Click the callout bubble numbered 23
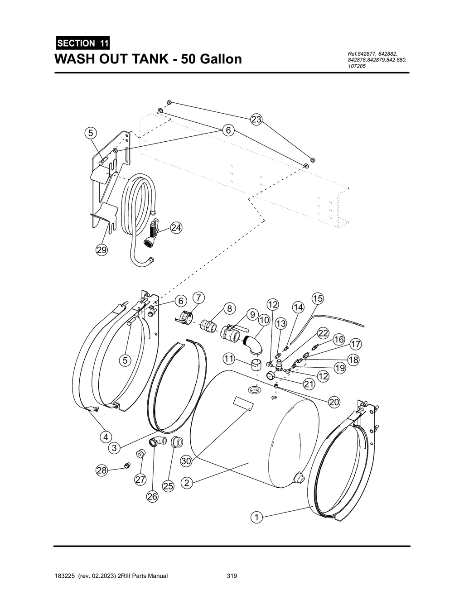(x=256, y=120)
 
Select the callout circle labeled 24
(x=176, y=228)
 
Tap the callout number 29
(x=101, y=250)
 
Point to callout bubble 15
(x=318, y=298)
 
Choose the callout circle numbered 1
(x=256, y=517)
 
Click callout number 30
(x=186, y=461)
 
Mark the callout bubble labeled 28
(x=101, y=470)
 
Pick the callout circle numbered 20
(x=334, y=402)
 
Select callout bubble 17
(x=356, y=345)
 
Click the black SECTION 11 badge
(x=82, y=43)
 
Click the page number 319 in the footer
(x=232, y=576)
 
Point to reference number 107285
(x=357, y=66)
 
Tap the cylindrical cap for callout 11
(x=256, y=363)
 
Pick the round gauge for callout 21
(x=271, y=375)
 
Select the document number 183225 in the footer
(x=64, y=576)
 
